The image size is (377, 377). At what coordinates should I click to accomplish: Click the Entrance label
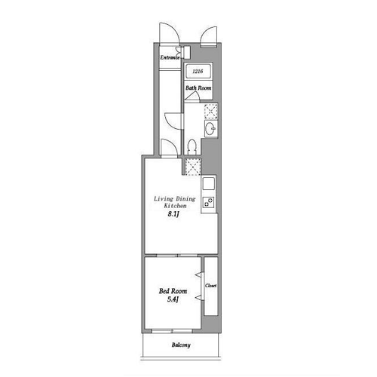170,57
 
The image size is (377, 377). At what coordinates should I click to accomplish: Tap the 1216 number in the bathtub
198,71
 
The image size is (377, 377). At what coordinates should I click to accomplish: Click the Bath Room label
198,88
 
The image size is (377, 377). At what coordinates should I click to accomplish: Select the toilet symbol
192,147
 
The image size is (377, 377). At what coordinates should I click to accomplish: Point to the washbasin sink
210,128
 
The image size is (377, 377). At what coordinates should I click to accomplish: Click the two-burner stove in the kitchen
209,202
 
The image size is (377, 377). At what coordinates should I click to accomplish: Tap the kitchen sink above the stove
209,183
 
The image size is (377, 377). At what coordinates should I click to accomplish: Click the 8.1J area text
173,214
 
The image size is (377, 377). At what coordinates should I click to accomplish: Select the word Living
164,199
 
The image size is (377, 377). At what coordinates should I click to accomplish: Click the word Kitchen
175,206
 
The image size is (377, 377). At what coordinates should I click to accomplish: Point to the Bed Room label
173,291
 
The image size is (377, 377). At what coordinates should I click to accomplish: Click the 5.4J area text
173,299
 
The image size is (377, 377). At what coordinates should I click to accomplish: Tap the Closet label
210,286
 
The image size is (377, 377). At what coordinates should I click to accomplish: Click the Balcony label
181,345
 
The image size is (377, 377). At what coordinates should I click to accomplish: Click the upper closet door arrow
198,274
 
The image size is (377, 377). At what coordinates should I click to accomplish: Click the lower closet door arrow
198,298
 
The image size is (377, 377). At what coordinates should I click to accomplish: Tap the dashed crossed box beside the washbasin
211,111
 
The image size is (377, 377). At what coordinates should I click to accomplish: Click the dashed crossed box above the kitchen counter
193,167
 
